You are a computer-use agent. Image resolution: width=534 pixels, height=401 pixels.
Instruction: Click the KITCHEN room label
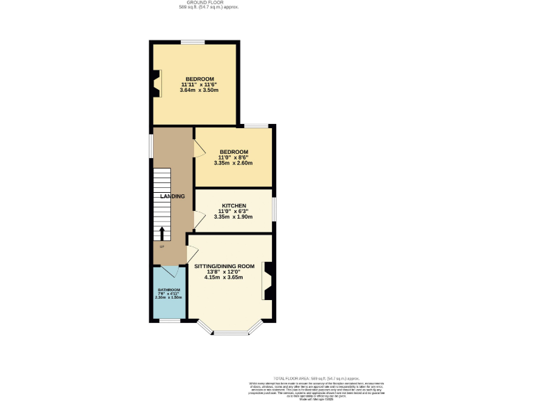click(x=234, y=206)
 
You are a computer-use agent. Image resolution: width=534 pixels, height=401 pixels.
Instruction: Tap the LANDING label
click(x=172, y=196)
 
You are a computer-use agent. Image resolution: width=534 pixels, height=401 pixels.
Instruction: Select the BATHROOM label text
click(x=168, y=290)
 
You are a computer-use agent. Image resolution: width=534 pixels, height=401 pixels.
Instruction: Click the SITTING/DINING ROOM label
click(x=224, y=267)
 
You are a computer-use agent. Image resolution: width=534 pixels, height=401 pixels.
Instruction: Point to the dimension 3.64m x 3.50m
click(x=199, y=91)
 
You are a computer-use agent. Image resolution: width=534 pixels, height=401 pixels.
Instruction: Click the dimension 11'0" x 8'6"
click(x=234, y=157)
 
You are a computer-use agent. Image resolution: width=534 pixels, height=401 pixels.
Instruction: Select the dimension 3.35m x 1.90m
click(x=234, y=217)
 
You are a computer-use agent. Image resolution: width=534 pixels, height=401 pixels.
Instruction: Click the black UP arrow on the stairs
click(x=162, y=233)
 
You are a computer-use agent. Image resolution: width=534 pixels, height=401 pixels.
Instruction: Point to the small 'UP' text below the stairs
click(x=162, y=246)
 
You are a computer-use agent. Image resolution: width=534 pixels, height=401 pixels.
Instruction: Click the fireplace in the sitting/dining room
click(x=267, y=281)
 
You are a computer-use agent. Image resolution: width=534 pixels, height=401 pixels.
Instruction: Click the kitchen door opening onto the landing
click(x=199, y=221)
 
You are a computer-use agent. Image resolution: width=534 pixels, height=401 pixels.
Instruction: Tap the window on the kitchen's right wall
click(x=273, y=208)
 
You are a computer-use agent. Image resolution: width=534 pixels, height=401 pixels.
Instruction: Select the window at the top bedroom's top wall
click(x=193, y=42)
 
